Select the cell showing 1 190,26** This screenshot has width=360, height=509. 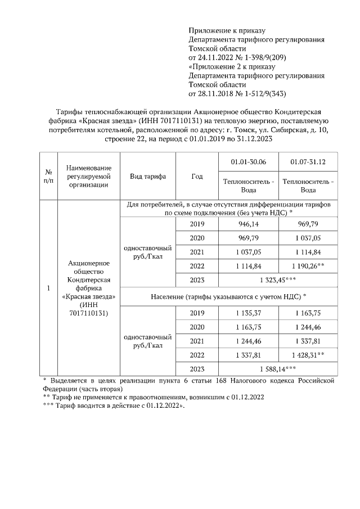[308, 265]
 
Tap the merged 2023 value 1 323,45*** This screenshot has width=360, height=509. [278, 280]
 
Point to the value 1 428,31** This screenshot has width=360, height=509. [308, 355]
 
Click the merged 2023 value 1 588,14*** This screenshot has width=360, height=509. [278, 369]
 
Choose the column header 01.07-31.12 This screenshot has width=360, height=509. [308, 162]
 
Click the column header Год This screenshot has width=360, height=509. [197, 176]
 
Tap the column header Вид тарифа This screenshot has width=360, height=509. [148, 176]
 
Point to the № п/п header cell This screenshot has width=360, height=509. [48, 176]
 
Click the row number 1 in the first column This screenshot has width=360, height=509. [48, 289]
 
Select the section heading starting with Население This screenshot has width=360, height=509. [229, 296]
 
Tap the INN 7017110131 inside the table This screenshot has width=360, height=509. [89, 312]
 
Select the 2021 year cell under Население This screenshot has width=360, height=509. [197, 341]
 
